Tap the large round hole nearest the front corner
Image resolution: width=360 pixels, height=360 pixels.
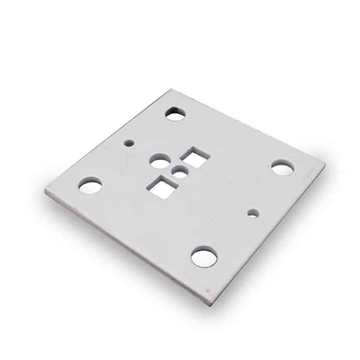point(206,257)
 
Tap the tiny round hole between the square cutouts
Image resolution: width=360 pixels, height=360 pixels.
point(179,173)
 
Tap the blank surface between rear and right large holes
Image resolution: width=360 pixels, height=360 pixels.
point(235,140)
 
